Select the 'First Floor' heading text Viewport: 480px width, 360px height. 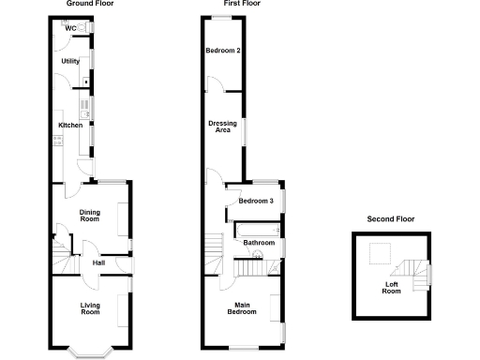tap(241, 4)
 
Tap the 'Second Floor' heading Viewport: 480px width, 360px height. tap(390, 218)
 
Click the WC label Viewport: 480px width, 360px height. tap(70, 28)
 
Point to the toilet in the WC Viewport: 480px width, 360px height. tap(85, 28)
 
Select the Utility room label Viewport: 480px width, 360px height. tap(70, 61)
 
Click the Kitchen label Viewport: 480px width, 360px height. tap(71, 125)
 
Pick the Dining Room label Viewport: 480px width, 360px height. tap(89, 214)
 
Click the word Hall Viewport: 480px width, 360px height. tap(98, 262)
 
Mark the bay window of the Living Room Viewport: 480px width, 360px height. tap(92, 352)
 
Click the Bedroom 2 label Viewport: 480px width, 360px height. tap(224, 50)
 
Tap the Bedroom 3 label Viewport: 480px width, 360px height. tap(255, 201)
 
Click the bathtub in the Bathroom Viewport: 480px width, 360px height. tap(254, 229)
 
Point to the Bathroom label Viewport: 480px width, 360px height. tap(259, 243)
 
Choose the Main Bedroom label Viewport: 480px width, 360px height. tap(242, 308)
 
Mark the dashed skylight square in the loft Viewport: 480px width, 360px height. tap(380, 252)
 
